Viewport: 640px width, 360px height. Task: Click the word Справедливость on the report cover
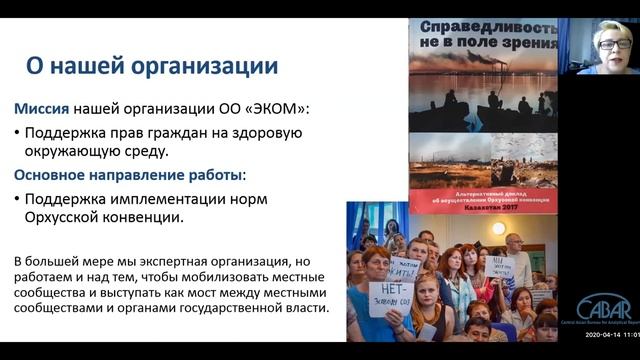click(x=483, y=26)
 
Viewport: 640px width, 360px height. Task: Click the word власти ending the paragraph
click(x=304, y=309)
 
